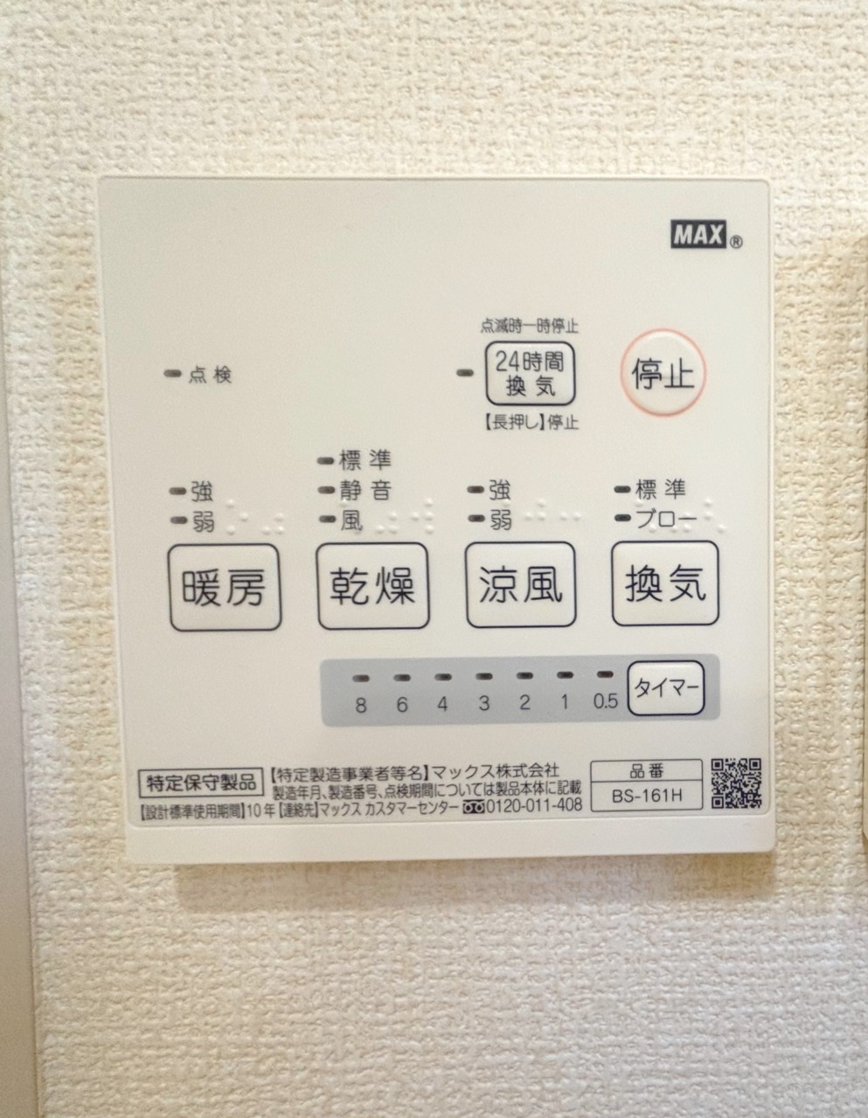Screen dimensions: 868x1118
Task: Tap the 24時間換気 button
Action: coord(530,374)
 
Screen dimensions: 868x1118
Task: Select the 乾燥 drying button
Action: coord(372,586)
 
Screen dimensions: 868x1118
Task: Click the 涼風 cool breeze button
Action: coord(520,584)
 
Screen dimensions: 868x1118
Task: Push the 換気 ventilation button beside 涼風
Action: coord(665,583)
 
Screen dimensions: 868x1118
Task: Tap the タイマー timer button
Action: coord(666,688)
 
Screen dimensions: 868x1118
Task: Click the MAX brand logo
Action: coord(698,235)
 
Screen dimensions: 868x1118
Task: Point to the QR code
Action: coord(736,783)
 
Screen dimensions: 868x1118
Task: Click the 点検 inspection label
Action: coord(210,375)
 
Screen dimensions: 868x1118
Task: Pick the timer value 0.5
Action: coord(606,700)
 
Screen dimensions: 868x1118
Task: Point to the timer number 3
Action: coord(484,703)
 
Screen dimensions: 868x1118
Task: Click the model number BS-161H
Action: coord(647,796)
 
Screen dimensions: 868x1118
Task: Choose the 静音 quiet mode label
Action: coord(365,490)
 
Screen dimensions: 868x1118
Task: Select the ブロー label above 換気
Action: coord(666,519)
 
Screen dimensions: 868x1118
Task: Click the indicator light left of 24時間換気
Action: coord(465,373)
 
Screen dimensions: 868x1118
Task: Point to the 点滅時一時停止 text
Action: coord(529,326)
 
